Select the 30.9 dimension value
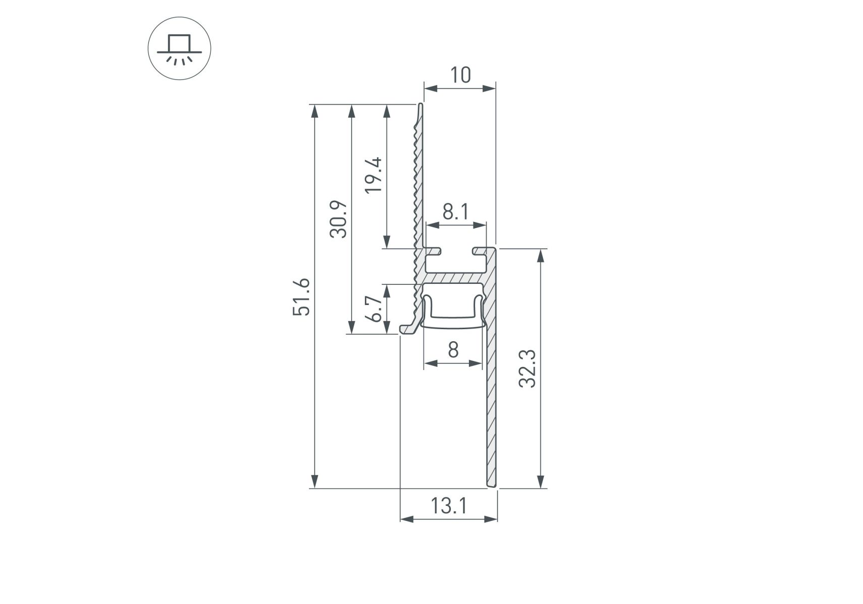tap(338, 219)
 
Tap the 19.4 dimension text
tap(374, 175)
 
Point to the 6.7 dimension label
tap(374, 309)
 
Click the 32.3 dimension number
tap(528, 368)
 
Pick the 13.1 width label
tap(448, 505)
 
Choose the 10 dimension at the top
tap(460, 75)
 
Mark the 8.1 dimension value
tap(455, 212)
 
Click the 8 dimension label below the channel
tap(453, 349)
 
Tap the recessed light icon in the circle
tap(179, 49)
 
